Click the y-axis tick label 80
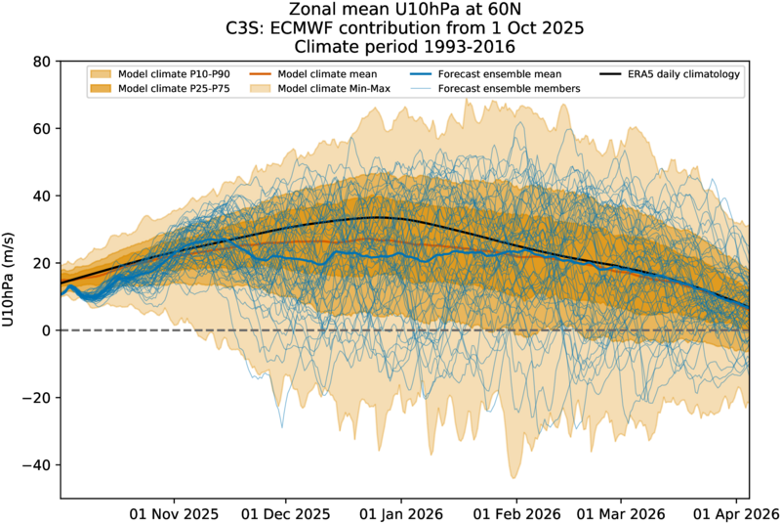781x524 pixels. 41,62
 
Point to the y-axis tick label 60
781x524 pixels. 41,129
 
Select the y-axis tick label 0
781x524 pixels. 46,330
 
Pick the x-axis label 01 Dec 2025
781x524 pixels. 285,512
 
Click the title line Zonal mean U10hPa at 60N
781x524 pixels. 403,10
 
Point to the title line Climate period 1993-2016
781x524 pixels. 403,45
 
